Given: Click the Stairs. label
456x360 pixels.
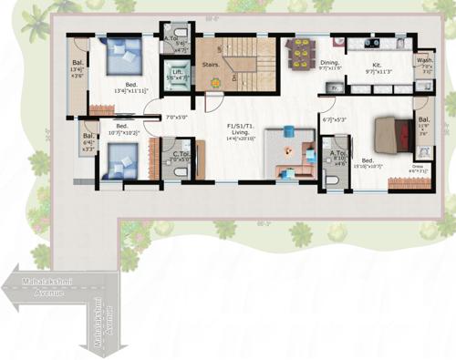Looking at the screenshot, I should tap(212, 66).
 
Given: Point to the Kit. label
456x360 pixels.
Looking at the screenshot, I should tap(375, 63).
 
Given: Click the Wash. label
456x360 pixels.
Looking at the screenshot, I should tap(425, 60).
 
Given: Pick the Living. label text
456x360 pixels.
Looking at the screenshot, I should tap(242, 132).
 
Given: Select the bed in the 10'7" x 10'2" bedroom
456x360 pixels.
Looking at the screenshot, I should tap(116, 162).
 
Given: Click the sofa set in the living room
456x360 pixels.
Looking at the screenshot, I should tap(290, 155).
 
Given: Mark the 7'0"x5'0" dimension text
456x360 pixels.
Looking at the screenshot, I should tap(178, 117).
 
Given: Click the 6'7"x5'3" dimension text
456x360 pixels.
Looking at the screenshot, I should tap(335, 118).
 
